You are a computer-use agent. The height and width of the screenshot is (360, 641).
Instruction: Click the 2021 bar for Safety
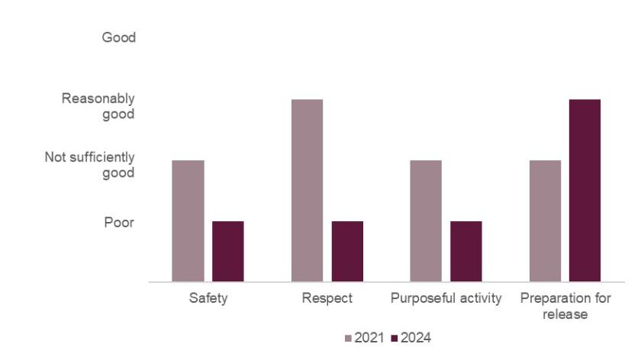pos(188,221)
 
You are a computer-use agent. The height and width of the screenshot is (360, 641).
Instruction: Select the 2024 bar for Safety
pos(227,252)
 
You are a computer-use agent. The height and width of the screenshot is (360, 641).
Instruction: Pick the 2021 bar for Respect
pos(307,191)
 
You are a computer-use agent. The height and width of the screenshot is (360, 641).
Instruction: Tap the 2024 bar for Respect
pos(347,252)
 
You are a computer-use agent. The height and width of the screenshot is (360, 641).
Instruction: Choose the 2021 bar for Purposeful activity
pos(426,221)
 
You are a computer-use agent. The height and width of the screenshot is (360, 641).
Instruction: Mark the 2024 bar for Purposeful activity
pos(465,252)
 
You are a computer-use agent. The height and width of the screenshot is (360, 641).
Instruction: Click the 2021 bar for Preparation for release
pos(545,221)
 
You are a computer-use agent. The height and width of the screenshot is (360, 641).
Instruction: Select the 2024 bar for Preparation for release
pos(585,191)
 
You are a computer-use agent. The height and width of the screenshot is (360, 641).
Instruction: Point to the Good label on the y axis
pos(118,37)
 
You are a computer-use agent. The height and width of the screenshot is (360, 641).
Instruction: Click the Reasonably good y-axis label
pos(98,107)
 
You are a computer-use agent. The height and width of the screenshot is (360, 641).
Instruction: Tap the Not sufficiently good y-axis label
pos(89,165)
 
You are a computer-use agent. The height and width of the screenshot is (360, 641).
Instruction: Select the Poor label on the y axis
pos(119,223)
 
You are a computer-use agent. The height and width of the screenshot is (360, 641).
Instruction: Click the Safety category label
pos(208,298)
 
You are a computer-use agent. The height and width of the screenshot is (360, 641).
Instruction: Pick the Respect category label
pos(327,298)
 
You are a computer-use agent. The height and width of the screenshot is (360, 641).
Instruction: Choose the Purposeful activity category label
pos(446,298)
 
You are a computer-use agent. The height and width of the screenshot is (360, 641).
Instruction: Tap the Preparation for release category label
pos(565,306)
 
